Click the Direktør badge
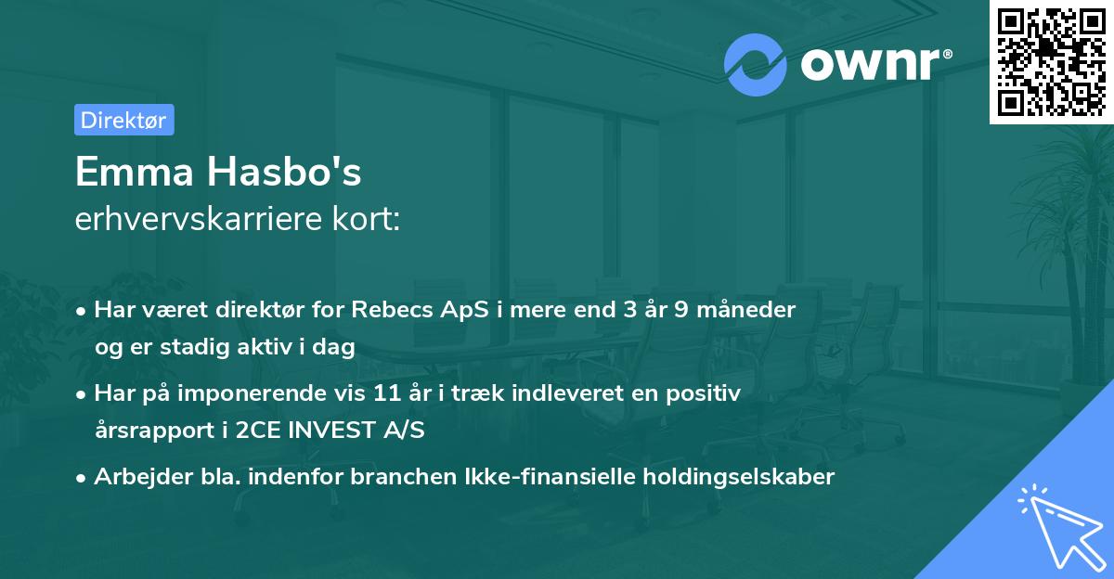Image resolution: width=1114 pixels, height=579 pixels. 123,120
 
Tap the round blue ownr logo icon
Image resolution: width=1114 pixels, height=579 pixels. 755,64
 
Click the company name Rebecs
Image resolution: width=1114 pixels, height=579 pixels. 394,310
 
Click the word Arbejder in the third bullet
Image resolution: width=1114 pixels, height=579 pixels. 134,477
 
